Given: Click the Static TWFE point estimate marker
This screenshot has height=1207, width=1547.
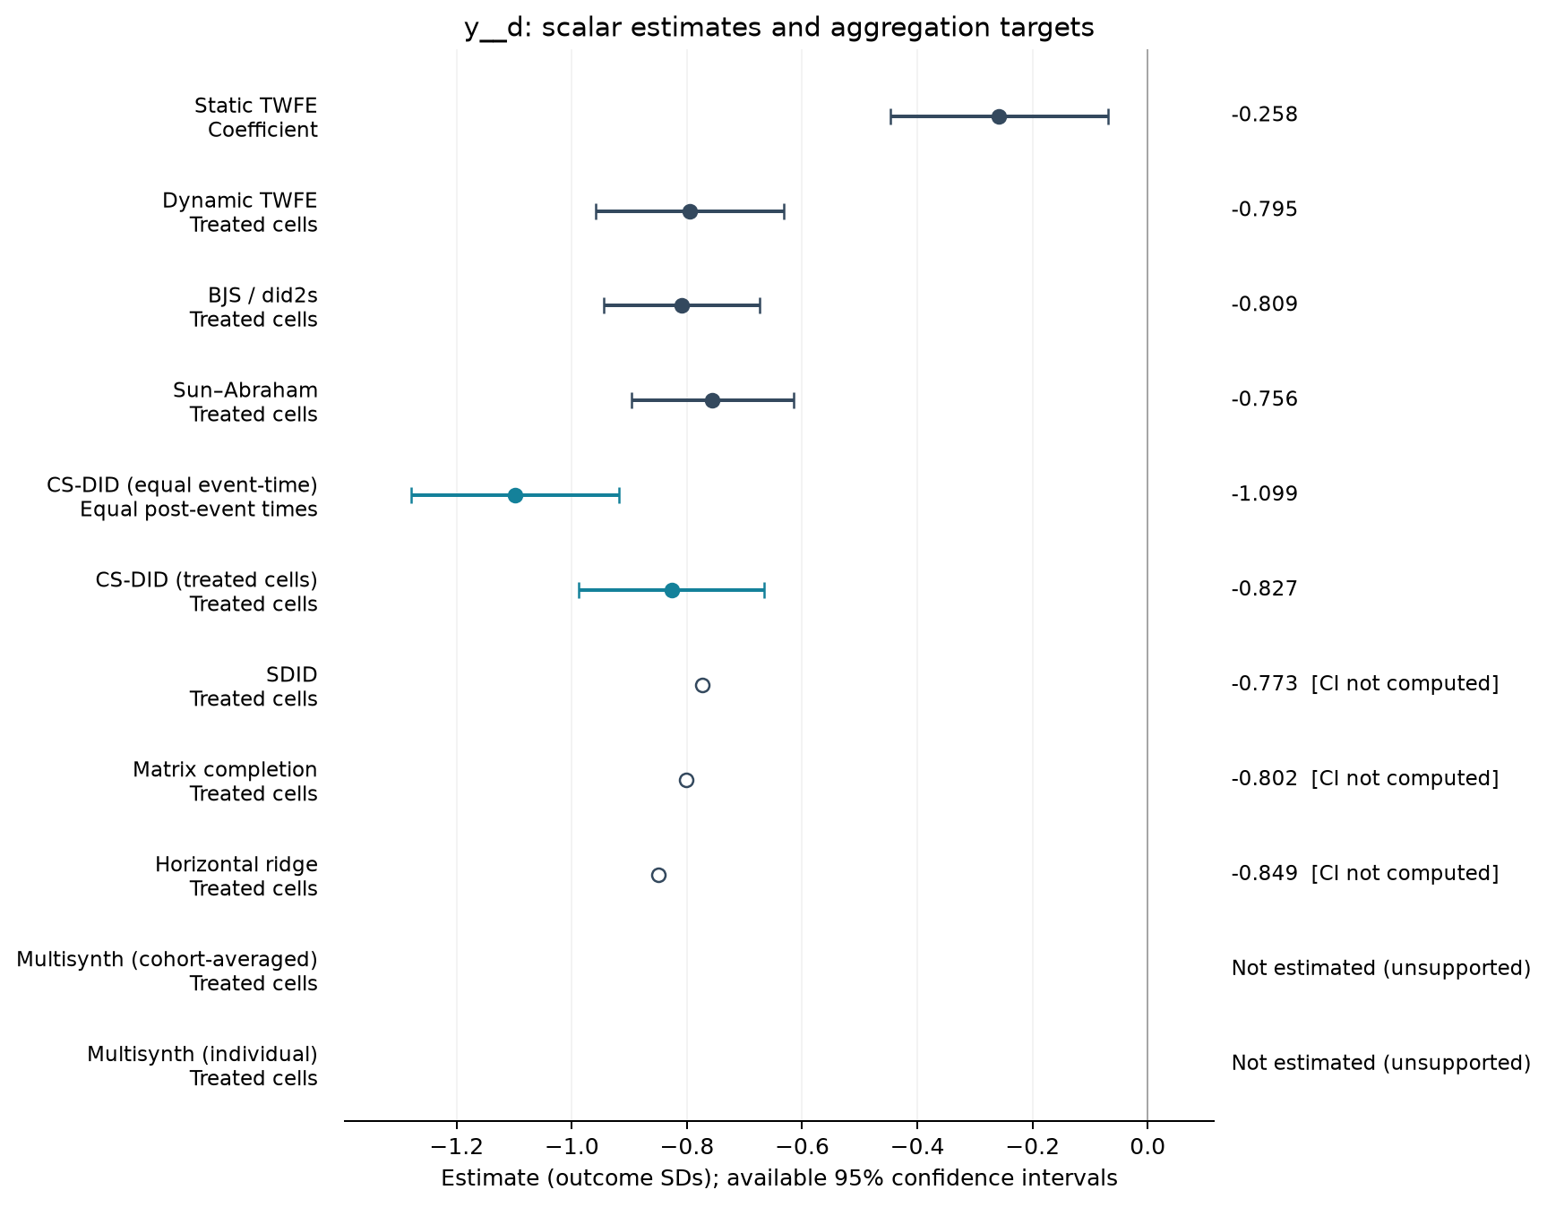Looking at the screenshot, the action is [x=999, y=116].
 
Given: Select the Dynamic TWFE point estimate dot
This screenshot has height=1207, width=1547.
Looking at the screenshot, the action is [x=690, y=211].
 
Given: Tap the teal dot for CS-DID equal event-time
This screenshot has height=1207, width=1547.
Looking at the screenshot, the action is [x=515, y=495].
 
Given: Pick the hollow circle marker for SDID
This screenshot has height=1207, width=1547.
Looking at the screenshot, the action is [x=702, y=685].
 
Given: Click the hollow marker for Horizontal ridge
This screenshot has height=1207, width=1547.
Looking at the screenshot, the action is [x=658, y=875].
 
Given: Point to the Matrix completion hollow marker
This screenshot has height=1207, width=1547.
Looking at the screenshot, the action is [x=686, y=780].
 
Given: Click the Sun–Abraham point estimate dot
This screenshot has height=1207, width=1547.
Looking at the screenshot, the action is [x=712, y=400].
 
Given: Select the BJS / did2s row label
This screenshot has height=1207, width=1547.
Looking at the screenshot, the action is [x=254, y=307].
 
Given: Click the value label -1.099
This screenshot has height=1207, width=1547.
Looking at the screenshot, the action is [x=1264, y=494].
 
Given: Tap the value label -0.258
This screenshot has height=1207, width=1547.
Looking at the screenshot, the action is [x=1264, y=115].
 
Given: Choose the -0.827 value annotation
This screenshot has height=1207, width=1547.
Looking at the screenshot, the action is [x=1264, y=589].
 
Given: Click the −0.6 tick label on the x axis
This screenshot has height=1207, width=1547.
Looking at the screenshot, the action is [x=802, y=1147].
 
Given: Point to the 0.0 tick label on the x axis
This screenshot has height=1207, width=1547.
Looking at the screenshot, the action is [x=1147, y=1147].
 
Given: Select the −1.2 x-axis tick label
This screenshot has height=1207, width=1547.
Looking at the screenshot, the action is [x=457, y=1147].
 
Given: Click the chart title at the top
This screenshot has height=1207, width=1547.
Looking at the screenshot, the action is [x=779, y=28].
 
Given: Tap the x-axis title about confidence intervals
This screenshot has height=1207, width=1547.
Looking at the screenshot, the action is [x=779, y=1178].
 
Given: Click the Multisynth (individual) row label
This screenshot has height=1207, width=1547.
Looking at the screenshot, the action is [x=202, y=1066].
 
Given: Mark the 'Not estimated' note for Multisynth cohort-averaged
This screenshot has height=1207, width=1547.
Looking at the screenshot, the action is [x=1381, y=968].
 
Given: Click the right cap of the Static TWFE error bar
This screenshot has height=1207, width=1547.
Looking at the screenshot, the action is [x=1108, y=116].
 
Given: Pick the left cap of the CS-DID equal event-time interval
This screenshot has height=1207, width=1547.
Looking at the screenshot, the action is [x=411, y=495].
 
